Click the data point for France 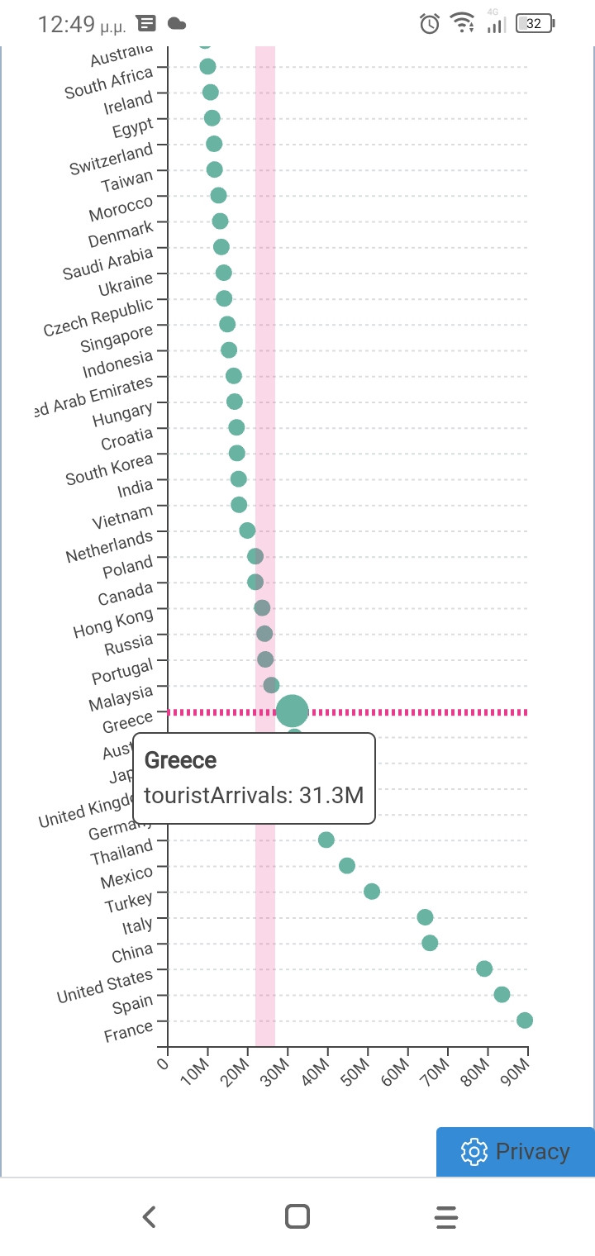tap(524, 1020)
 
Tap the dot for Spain tap(502, 994)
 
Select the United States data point tap(484, 968)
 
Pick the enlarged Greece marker tap(292, 710)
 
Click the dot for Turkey tap(372, 891)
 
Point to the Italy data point tap(425, 916)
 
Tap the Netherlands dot tap(247, 530)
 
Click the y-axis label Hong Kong tap(113, 623)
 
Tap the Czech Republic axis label tap(98, 317)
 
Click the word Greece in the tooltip tap(180, 760)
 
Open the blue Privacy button tap(516, 1151)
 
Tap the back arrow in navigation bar tap(149, 1216)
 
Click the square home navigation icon tap(297, 1216)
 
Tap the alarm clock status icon tap(430, 24)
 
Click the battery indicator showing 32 tap(534, 24)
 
